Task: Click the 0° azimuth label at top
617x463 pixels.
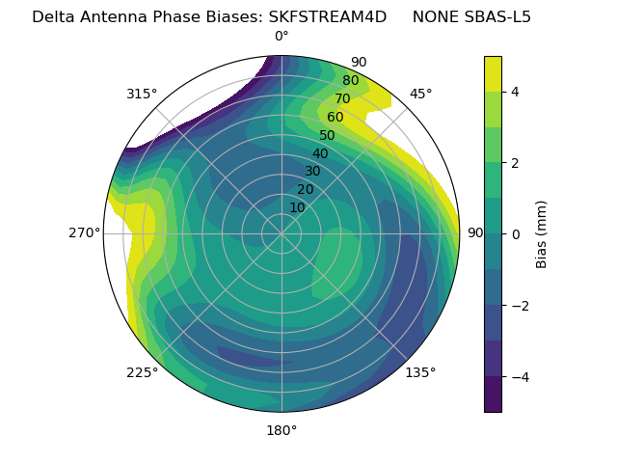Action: (x=282, y=37)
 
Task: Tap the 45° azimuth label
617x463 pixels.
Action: (x=420, y=94)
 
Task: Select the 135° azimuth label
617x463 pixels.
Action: (x=420, y=372)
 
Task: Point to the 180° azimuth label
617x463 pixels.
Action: (x=282, y=430)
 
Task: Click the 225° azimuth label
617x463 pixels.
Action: (x=142, y=372)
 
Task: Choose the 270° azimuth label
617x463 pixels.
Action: (x=84, y=233)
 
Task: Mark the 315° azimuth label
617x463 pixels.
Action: (x=142, y=94)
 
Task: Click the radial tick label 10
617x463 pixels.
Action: (x=297, y=207)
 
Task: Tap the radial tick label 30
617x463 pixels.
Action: (x=312, y=172)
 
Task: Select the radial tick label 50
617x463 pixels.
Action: (x=327, y=136)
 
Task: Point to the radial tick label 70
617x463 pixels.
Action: (x=342, y=99)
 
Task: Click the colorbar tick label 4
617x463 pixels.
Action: (x=516, y=92)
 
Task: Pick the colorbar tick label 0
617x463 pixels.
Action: (x=516, y=234)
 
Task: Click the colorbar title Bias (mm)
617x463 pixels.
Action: (x=542, y=234)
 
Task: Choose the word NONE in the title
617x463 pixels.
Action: (x=435, y=16)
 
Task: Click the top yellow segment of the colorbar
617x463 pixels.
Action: (x=493, y=73)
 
